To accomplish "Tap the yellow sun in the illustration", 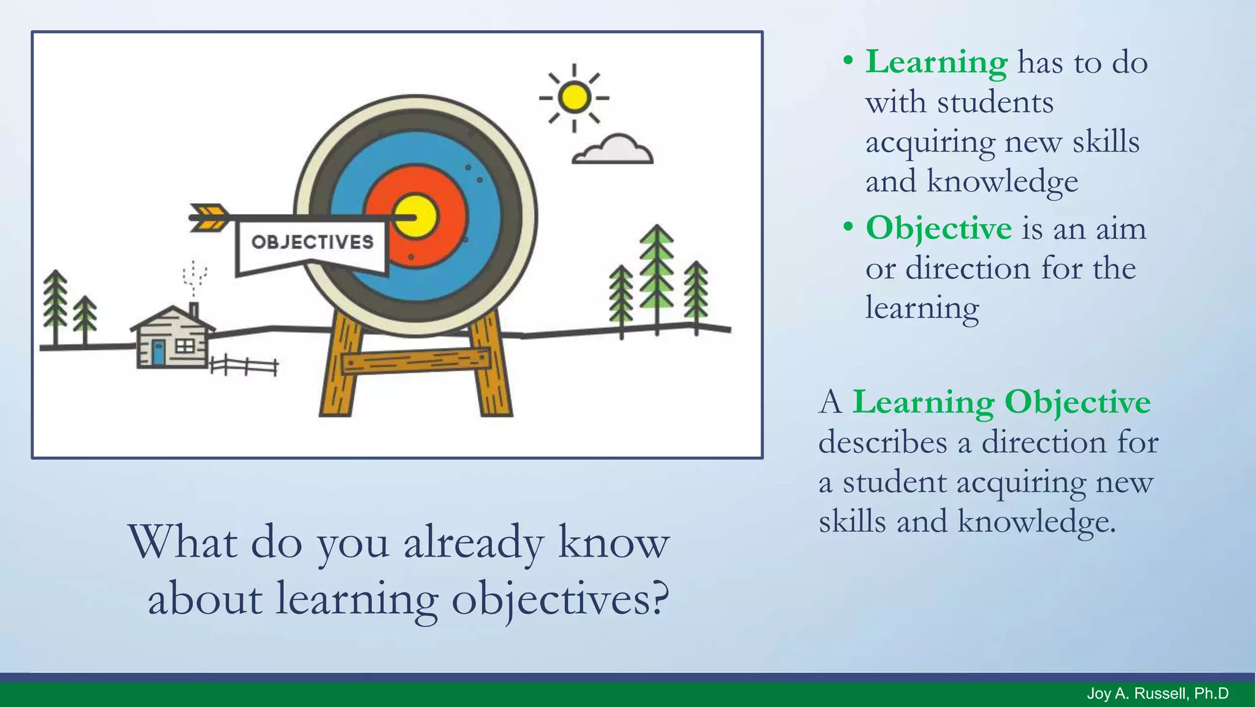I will tap(575, 97).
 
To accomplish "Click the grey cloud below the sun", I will tap(613, 151).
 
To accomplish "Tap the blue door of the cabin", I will tap(158, 353).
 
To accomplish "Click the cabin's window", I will tap(185, 347).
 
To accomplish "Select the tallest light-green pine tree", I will tap(657, 270).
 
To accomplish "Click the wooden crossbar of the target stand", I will tap(416, 361).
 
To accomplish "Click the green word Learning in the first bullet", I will tap(936, 62).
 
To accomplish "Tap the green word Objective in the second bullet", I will tap(938, 228).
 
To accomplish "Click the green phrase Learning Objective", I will tap(1001, 403).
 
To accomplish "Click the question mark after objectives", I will tap(658, 598).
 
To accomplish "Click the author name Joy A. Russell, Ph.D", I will tap(1157, 693).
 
